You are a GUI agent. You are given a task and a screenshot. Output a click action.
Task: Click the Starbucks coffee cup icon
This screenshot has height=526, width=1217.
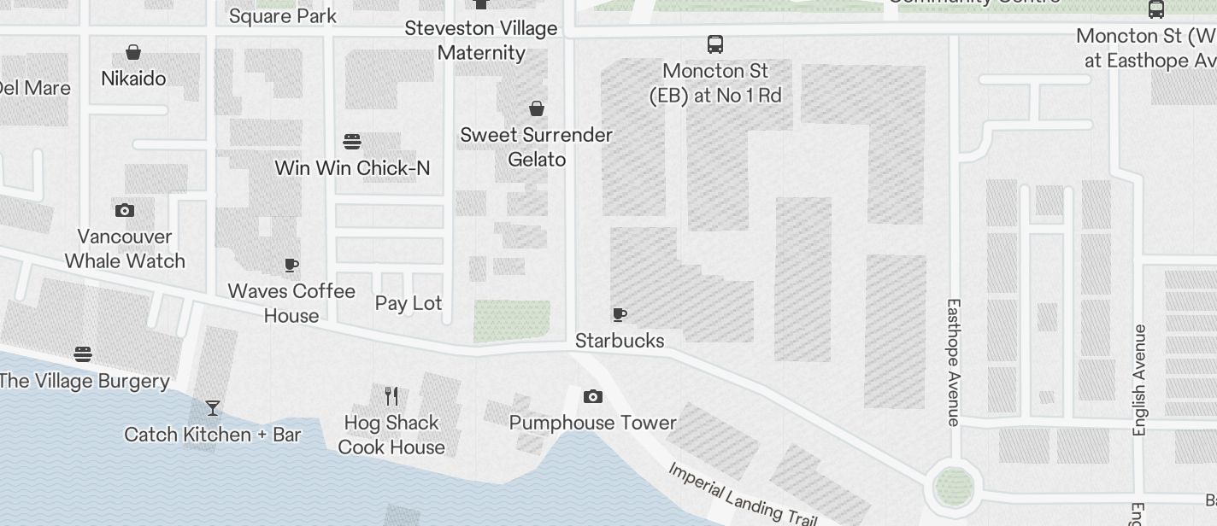pyautogui.click(x=620, y=315)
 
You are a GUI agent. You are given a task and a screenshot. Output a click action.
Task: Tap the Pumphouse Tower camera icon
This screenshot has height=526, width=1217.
pyautogui.click(x=592, y=396)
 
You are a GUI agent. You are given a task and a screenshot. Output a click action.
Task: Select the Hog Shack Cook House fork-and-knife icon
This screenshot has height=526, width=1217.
pyautogui.click(x=391, y=396)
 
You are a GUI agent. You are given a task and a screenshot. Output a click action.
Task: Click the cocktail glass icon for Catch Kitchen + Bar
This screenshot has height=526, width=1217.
pyautogui.click(x=213, y=408)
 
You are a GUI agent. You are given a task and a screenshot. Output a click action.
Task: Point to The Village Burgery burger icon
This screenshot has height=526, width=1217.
pyautogui.click(x=83, y=354)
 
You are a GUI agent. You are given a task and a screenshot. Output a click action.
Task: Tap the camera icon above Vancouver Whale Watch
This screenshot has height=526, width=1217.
pyautogui.click(x=125, y=210)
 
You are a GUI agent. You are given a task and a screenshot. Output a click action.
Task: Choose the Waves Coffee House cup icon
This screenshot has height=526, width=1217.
pyautogui.click(x=291, y=265)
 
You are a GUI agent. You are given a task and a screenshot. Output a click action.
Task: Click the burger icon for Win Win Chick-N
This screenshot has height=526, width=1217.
pyautogui.click(x=352, y=141)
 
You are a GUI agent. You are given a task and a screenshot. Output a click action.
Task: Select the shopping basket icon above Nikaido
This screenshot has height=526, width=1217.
pyautogui.click(x=133, y=53)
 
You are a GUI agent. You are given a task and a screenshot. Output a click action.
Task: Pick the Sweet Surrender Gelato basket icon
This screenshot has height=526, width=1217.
pyautogui.click(x=537, y=108)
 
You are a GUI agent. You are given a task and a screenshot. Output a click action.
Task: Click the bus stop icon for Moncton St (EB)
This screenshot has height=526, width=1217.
pyautogui.click(x=715, y=44)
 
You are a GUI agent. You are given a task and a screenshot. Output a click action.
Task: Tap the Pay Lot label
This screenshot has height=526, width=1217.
pyautogui.click(x=409, y=303)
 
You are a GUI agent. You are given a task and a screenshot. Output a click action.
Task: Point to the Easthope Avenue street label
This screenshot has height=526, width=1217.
pyautogui.click(x=955, y=361)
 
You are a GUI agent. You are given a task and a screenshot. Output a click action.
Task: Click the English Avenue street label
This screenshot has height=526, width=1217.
pyautogui.click(x=1139, y=380)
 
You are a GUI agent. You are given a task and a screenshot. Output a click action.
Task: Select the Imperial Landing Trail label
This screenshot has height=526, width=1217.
pyautogui.click(x=742, y=494)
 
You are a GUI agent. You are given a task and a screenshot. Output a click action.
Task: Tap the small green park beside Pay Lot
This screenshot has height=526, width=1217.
pyautogui.click(x=512, y=321)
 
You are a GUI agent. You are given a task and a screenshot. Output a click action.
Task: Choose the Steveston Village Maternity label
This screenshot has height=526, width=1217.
pyautogui.click(x=481, y=40)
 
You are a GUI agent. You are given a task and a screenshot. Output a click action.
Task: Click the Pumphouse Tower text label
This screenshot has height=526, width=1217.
pyautogui.click(x=592, y=423)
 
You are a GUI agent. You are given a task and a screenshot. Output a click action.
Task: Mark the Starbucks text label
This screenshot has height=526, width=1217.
pyautogui.click(x=620, y=341)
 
